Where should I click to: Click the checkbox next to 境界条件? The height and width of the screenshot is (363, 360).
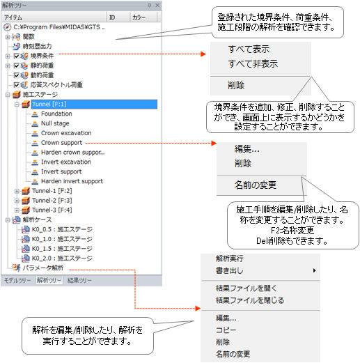17,56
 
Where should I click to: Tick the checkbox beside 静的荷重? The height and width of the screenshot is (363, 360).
17,65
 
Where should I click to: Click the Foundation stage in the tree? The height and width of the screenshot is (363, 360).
56,114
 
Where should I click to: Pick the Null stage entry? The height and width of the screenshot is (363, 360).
55,123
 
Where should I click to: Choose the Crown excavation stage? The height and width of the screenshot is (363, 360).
66,133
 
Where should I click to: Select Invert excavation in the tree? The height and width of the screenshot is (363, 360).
66,162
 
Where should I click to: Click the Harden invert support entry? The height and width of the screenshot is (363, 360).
72,181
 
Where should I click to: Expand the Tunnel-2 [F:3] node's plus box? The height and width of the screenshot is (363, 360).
17,201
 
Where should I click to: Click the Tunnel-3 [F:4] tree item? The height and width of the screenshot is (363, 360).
52,210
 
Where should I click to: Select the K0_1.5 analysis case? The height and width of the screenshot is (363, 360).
62,249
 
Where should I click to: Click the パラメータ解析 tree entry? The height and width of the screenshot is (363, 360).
43,268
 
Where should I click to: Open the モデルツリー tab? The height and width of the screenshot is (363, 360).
17,280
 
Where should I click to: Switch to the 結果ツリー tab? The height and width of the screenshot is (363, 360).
79,280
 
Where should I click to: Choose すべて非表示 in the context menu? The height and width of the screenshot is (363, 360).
253,63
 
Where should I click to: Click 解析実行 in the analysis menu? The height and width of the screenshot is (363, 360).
229,258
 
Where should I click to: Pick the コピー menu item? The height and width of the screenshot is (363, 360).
226,330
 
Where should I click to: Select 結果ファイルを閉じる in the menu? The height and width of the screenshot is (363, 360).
250,300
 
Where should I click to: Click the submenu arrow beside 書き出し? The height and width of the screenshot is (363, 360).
314,270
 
